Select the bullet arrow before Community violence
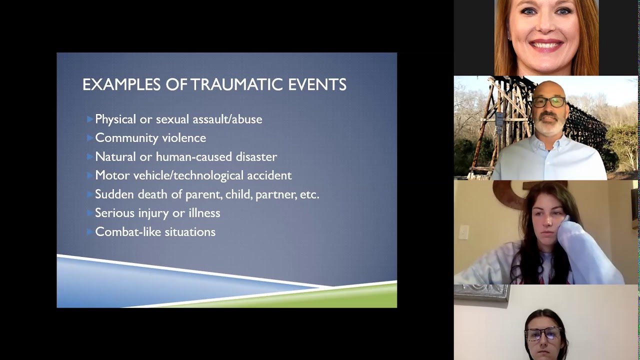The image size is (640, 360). [90, 137]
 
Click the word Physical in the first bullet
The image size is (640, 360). [115, 119]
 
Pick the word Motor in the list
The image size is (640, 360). [112, 175]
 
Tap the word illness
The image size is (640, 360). [204, 213]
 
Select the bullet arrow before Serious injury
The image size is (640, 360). [90, 213]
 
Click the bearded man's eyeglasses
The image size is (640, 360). [548, 102]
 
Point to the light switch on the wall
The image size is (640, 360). [464, 232]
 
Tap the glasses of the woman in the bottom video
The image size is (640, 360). [542, 333]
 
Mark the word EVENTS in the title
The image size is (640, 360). [317, 84]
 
